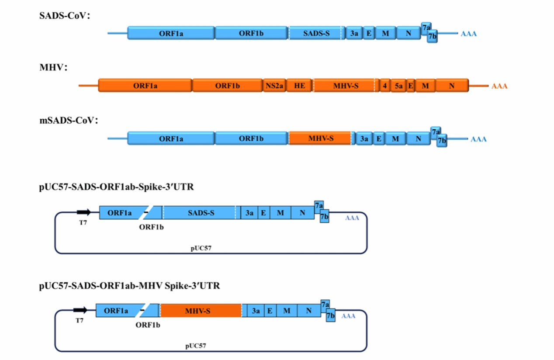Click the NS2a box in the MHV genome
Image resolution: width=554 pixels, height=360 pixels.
pyautogui.click(x=275, y=86)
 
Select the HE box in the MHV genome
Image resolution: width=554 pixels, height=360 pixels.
pyautogui.click(x=300, y=86)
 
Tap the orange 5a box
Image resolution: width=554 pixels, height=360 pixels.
pyautogui.click(x=398, y=86)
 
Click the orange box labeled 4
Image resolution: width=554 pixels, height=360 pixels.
pyautogui.click(x=384, y=86)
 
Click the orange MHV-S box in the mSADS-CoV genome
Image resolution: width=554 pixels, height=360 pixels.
pyautogui.click(x=320, y=138)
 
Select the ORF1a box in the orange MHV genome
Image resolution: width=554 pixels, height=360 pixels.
pyautogui.click(x=145, y=86)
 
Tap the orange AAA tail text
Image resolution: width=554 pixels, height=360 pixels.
pyautogui.click(x=499, y=87)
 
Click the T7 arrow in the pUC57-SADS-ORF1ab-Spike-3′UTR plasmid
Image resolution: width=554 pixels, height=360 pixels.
pyautogui.click(x=84, y=212)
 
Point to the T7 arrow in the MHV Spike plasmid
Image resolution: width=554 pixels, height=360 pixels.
pyautogui.click(x=80, y=310)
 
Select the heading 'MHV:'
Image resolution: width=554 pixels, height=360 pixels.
pyautogui.click(x=53, y=68)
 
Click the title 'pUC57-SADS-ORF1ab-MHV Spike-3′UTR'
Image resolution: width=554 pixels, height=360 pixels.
pyautogui.click(x=129, y=286)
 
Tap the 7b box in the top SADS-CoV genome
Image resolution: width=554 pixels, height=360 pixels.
pyautogui.click(x=433, y=38)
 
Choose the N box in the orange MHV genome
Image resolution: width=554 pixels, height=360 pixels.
pyautogui.click(x=452, y=86)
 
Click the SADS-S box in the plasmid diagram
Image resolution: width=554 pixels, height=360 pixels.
pyautogui.click(x=201, y=213)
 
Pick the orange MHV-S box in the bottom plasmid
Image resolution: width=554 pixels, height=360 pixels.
pyautogui.click(x=201, y=311)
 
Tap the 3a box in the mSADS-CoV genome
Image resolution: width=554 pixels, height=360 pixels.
pyautogui.click(x=364, y=138)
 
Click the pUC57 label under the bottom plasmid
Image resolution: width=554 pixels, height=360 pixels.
pyautogui.click(x=195, y=346)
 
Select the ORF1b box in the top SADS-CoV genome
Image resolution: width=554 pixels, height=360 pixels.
pyautogui.click(x=251, y=33)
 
